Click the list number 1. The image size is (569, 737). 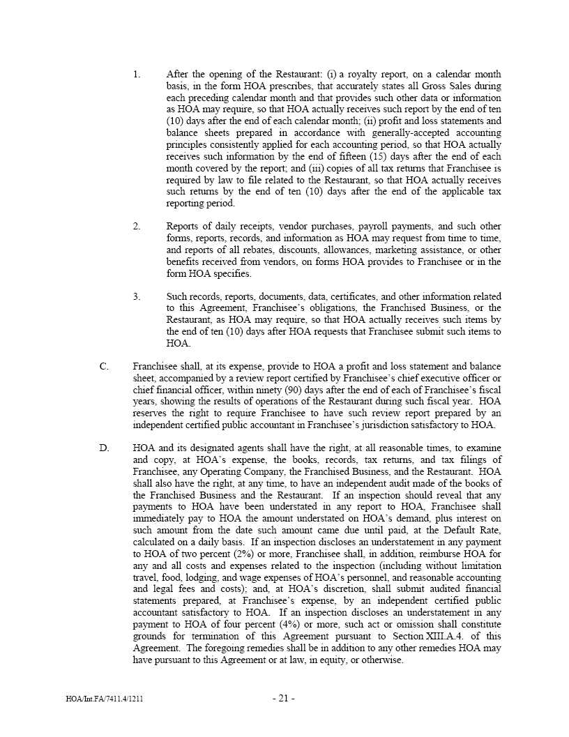point(137,75)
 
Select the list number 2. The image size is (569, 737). point(137,227)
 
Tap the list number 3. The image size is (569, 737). point(137,297)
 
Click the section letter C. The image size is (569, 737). point(104,367)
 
